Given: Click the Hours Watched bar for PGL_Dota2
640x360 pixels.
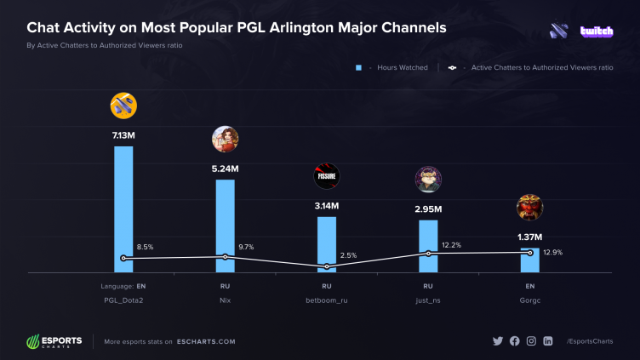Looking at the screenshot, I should [123, 209].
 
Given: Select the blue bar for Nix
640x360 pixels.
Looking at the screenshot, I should [225, 226].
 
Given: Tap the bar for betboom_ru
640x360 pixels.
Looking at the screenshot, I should [327, 244].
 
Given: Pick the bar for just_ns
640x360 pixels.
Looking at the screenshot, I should [428, 246].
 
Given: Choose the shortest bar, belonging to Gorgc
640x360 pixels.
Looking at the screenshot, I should [529, 260].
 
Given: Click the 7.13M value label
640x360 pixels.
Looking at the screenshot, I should [123, 134].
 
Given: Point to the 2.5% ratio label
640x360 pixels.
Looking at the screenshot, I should [348, 255].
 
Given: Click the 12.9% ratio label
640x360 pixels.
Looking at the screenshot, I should [552, 252].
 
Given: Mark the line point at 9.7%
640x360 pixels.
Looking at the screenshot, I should [225, 256].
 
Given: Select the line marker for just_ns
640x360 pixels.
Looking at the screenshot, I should [428, 254].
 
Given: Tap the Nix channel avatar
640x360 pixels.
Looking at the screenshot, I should [225, 139].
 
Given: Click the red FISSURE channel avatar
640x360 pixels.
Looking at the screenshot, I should [327, 176].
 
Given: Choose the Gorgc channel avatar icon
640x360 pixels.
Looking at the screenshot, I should [529, 208].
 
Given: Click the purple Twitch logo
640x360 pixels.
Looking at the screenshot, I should [597, 31].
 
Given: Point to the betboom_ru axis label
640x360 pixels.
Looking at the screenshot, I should [327, 300].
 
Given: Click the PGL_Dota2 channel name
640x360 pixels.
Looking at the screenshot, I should [123, 300].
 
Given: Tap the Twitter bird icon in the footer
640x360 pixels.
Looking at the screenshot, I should [498, 341].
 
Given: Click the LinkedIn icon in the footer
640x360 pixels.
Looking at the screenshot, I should [547, 341].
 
